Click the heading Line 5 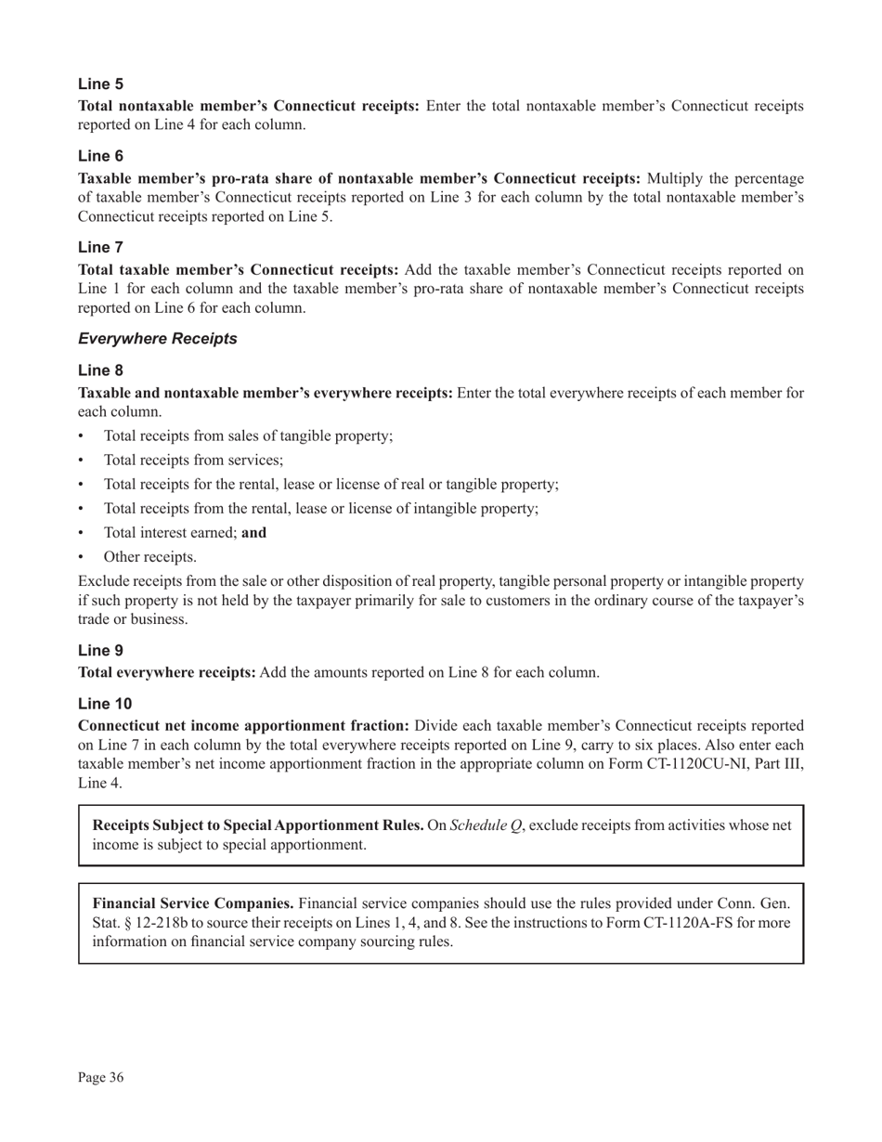100,84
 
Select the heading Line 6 100,156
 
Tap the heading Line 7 100,247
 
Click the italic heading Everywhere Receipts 158,339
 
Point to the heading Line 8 100,370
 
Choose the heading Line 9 100,651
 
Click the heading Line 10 105,704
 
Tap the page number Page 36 100,1077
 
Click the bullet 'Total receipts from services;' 193,460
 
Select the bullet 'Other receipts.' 149,557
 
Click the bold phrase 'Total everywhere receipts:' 167,672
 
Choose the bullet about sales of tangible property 248,435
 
